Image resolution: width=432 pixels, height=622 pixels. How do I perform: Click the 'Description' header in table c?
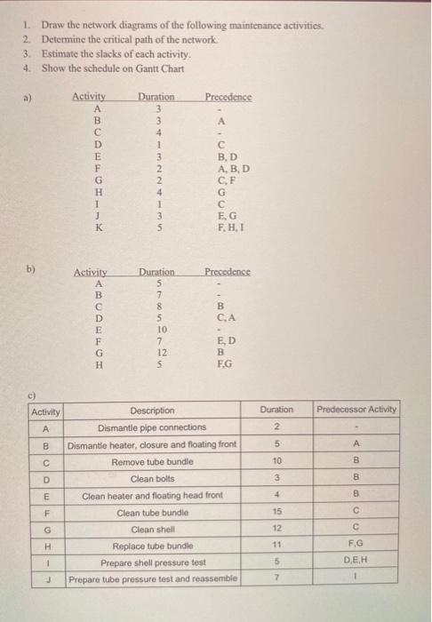tap(153, 411)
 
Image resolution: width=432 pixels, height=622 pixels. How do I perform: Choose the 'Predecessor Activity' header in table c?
tap(356, 410)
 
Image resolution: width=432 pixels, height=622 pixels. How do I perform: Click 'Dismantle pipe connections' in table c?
tap(151, 427)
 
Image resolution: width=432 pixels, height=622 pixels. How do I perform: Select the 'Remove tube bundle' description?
tap(152, 462)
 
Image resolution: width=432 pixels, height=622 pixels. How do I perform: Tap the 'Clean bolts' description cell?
tap(152, 479)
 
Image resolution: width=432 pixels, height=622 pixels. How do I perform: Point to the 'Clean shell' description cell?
tap(152, 530)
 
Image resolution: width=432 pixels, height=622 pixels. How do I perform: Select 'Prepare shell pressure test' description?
tap(152, 563)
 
